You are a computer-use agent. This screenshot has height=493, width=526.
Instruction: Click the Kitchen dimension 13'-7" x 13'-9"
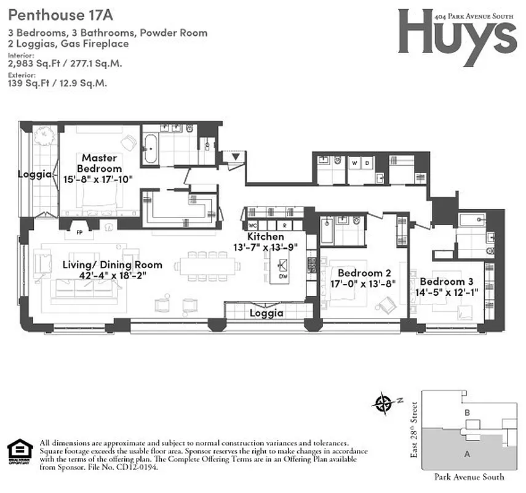coord(266,246)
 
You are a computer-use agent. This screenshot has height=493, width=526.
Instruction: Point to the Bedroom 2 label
coord(361,273)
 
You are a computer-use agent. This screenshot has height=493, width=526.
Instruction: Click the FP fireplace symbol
coord(79,234)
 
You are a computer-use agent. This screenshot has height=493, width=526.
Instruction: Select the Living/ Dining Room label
coord(113,265)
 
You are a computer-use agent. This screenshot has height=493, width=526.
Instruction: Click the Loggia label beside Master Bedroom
coord(34,174)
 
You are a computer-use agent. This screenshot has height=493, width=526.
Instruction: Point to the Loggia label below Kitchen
coord(266,313)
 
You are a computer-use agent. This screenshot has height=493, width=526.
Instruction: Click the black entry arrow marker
coord(237,158)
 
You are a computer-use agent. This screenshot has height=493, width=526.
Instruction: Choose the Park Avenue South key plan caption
coord(469,476)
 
